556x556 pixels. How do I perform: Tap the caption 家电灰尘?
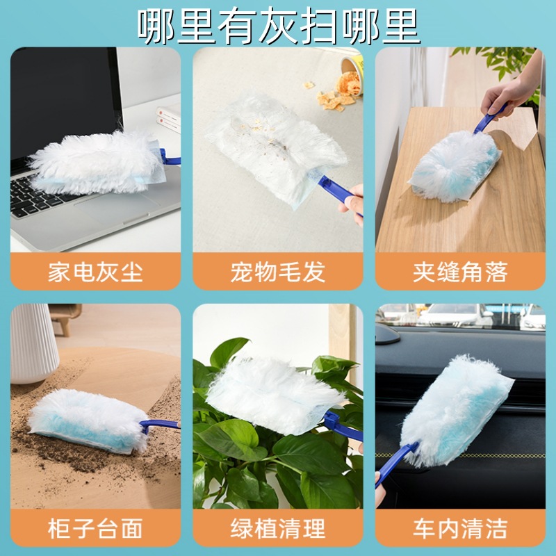click(95, 272)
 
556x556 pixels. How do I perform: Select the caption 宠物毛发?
click(277, 272)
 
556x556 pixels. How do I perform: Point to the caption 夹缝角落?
click(459, 272)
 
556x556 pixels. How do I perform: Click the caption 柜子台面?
click(95, 528)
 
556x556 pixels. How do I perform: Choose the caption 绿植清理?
click(277, 528)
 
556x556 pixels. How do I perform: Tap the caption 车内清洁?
click(459, 528)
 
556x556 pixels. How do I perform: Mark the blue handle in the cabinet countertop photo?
click(156, 425)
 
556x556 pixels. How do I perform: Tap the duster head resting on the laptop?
click(97, 163)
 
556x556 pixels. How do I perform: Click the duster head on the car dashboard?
click(455, 400)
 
